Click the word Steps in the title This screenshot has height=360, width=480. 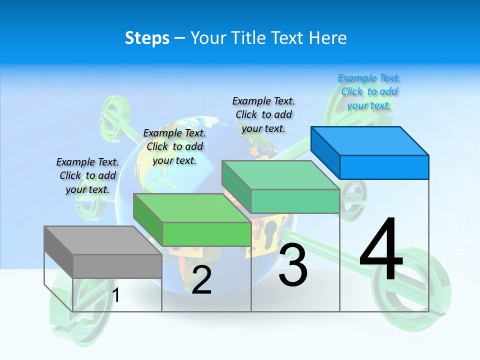point(147,38)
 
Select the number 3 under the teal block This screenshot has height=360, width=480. point(292,265)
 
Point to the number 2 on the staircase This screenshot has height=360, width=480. point(201,279)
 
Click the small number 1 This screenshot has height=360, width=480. point(116,295)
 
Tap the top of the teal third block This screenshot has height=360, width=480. point(280,175)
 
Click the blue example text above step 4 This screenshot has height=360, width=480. point(369,91)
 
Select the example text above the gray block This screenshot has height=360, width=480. point(87,175)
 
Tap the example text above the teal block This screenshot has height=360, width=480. point(263,114)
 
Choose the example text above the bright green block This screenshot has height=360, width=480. point(174,146)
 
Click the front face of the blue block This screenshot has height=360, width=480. point(384,167)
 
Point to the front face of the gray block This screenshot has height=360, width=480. point(117,266)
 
